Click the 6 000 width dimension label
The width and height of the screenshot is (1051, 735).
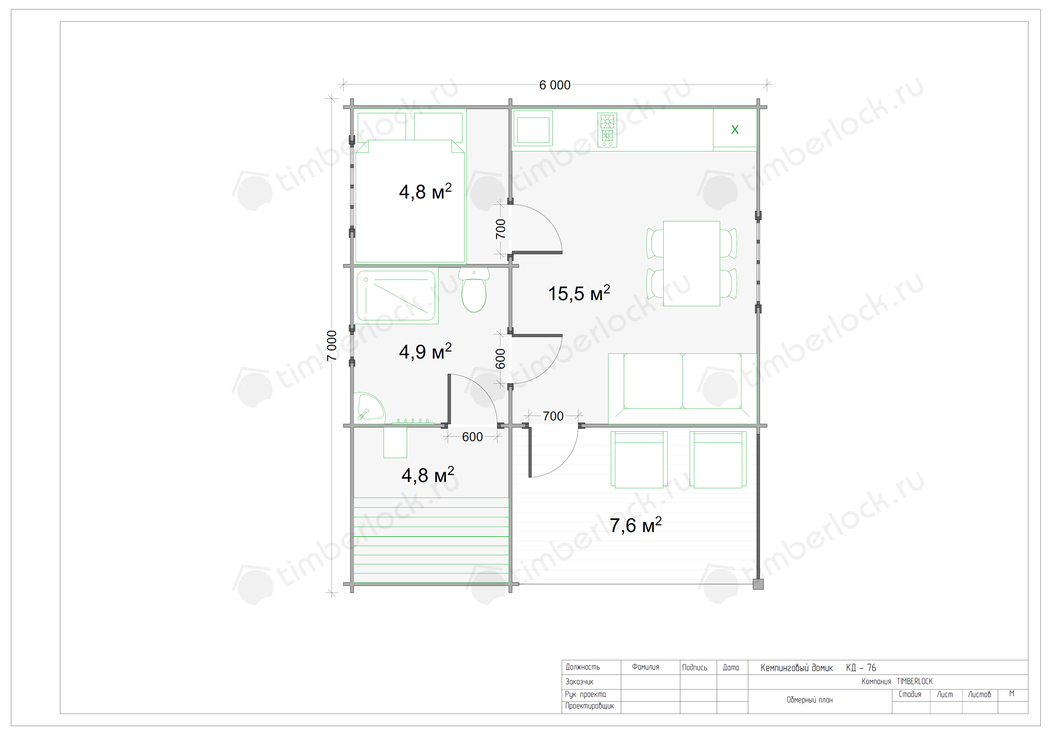click(x=554, y=85)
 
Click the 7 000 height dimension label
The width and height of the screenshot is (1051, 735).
click(x=332, y=346)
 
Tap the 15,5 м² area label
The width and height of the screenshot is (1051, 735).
click(x=578, y=293)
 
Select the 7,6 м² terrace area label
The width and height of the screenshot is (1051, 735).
click(x=635, y=525)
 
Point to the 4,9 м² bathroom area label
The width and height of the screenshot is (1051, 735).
click(x=425, y=352)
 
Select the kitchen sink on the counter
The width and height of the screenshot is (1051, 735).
click(x=533, y=130)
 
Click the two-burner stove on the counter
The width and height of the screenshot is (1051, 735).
click(x=607, y=130)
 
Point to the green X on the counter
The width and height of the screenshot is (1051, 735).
click(x=735, y=130)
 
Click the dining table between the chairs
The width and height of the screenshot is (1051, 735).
click(x=691, y=264)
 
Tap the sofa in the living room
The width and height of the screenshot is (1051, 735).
click(x=682, y=389)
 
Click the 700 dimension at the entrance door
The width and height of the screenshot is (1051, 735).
click(x=553, y=416)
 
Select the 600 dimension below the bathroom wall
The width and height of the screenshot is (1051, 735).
click(x=473, y=437)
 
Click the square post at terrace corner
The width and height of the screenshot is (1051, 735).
click(x=758, y=584)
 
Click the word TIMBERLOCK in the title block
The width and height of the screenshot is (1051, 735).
click(x=915, y=681)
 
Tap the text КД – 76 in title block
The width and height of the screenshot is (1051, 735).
click(x=861, y=668)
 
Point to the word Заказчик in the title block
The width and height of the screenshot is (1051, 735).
click(x=579, y=682)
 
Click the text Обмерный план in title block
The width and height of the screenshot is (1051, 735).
click(x=809, y=700)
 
